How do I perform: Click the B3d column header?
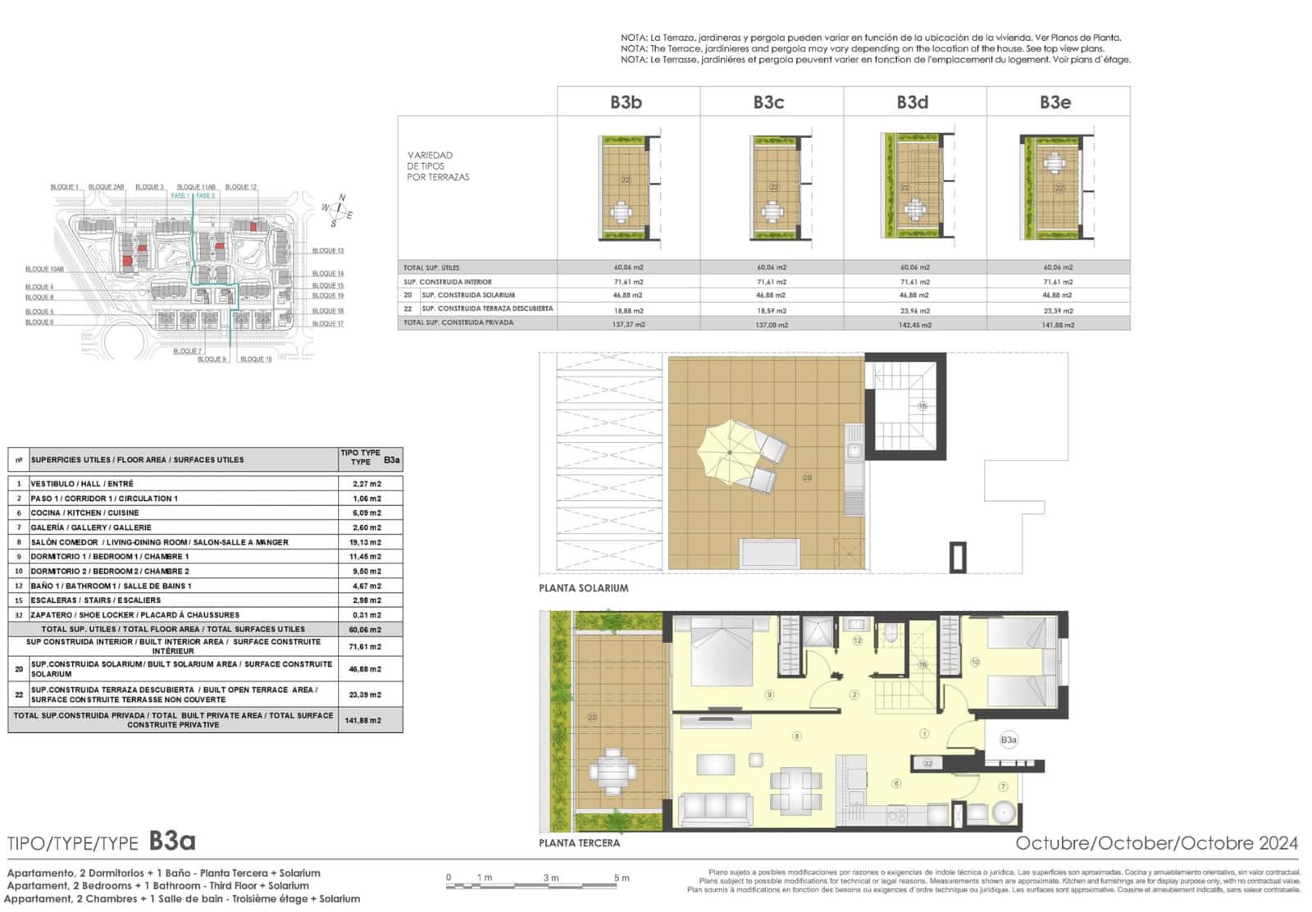click(912, 103)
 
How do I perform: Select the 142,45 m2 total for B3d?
click(915, 325)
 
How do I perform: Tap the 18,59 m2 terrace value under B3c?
click(771, 311)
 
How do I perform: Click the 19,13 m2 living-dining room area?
click(367, 542)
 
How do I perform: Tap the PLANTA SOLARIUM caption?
click(583, 588)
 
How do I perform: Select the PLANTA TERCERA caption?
click(579, 843)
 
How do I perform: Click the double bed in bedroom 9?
click(722, 651)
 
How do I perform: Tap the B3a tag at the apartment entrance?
click(1009, 740)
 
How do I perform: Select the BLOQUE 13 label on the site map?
click(328, 251)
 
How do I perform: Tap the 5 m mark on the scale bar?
click(621, 878)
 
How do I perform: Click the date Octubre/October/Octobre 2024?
click(1156, 843)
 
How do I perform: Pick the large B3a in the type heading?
click(172, 841)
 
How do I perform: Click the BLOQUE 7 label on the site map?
click(187, 351)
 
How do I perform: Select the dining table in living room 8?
click(795, 789)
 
